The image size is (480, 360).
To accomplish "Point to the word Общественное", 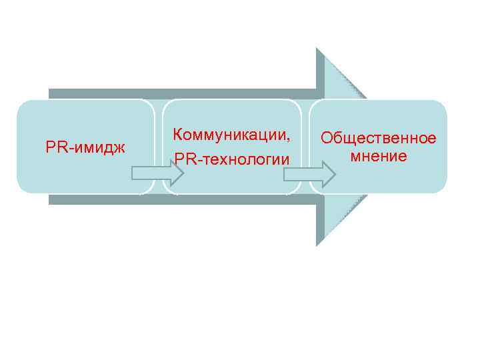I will (x=378, y=138).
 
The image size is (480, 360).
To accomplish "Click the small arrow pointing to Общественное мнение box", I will (x=311, y=174).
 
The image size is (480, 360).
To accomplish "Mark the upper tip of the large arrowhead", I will (x=318, y=50).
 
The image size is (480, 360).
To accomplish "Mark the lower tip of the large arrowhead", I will (x=318, y=244).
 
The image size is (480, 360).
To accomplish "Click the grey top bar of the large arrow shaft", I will (x=180, y=94).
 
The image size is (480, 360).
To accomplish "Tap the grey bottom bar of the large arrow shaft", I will (x=180, y=199).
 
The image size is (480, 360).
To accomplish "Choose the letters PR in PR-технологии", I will (x=183, y=160).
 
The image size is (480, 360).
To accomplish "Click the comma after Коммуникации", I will (x=289, y=139).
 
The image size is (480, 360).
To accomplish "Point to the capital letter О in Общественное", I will (x=327, y=138).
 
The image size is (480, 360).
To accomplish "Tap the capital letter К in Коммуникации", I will (x=177, y=134).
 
